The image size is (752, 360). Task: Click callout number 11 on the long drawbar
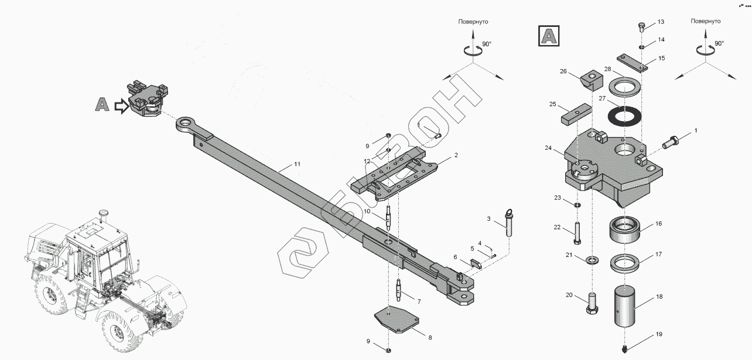297,164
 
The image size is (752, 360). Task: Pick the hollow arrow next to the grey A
121,107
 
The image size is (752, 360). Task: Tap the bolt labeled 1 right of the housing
671,140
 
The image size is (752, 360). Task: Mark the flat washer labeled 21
592,259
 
